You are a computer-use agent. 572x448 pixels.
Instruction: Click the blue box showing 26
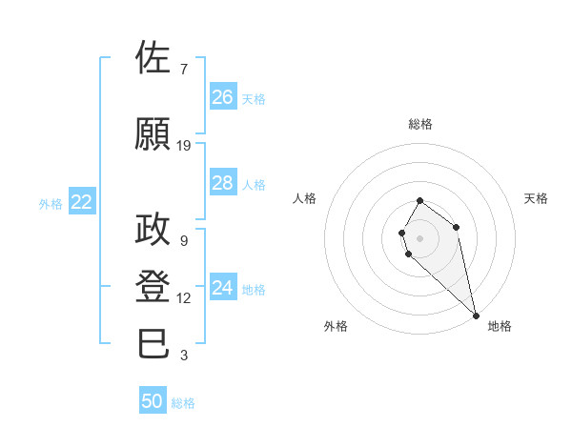click(222, 97)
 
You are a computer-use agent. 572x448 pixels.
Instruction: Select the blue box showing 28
click(222, 183)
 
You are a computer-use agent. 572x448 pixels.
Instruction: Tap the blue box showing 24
click(222, 288)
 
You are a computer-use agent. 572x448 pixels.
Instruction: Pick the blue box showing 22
click(82, 202)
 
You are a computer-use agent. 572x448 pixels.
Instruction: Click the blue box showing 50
click(153, 401)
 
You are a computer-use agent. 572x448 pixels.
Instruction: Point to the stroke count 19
click(184, 146)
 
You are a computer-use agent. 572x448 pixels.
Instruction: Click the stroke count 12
click(184, 298)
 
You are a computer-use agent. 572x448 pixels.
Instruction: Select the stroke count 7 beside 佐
click(184, 70)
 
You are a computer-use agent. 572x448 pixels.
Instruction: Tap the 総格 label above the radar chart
click(419, 124)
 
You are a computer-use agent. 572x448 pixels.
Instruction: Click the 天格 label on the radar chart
click(536, 198)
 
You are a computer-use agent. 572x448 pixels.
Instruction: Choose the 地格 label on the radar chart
click(500, 326)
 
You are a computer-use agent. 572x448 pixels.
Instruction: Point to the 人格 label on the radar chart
click(304, 198)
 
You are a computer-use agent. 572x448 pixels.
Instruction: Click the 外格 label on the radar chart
click(336, 326)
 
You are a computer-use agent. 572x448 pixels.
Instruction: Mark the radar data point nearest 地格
click(476, 316)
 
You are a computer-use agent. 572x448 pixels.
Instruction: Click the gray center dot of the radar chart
click(419, 236)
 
